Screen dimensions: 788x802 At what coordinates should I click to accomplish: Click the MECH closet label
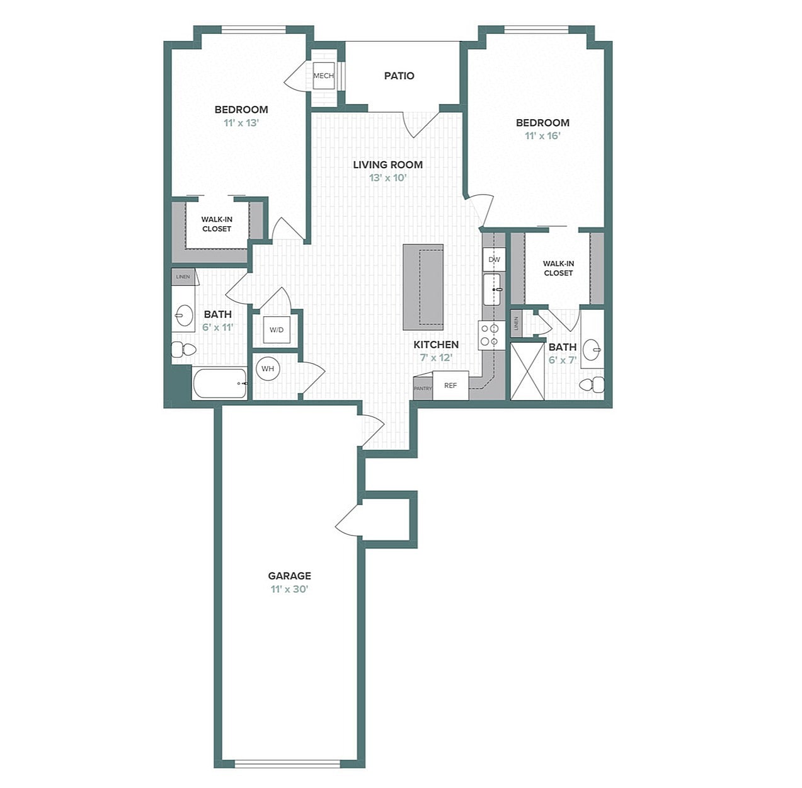tap(323, 76)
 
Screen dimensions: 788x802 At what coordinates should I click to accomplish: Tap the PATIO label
tap(399, 76)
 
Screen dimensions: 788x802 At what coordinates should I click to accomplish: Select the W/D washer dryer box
tap(277, 329)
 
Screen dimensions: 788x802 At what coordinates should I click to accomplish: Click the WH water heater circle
tap(268, 368)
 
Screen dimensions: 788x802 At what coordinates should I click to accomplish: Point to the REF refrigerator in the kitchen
tap(450, 385)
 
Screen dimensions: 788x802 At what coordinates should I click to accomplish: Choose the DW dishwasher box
tap(494, 260)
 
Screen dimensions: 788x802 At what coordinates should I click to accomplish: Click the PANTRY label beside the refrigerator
tap(423, 389)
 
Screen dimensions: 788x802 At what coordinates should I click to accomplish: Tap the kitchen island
tap(423, 287)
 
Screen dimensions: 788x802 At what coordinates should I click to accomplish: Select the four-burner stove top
tap(490, 335)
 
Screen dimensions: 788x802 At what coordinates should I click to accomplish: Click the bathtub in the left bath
tap(219, 383)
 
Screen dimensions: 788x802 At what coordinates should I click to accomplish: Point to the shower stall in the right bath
tap(527, 371)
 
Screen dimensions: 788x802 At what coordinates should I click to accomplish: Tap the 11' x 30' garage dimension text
tap(289, 590)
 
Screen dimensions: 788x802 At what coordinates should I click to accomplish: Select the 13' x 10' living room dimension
tap(387, 178)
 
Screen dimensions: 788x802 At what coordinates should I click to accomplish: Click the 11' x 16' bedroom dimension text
tap(542, 136)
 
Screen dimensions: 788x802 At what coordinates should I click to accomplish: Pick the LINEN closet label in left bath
tap(183, 277)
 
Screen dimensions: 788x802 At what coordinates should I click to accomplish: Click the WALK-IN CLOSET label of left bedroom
tap(217, 224)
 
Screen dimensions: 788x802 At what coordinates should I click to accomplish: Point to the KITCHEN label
tap(436, 345)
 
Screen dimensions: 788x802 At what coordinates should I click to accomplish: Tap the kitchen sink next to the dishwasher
tap(492, 289)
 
